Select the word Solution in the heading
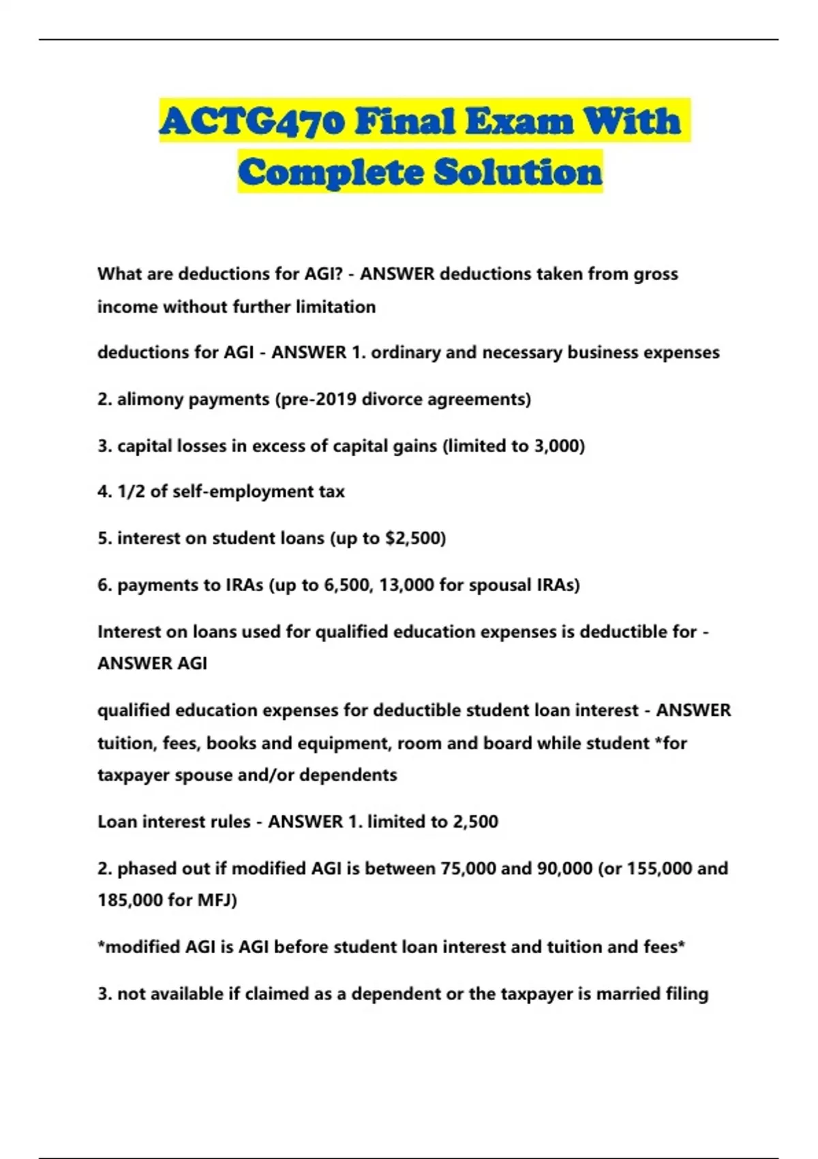click(518, 172)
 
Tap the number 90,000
click(565, 869)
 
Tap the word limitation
click(332, 307)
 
